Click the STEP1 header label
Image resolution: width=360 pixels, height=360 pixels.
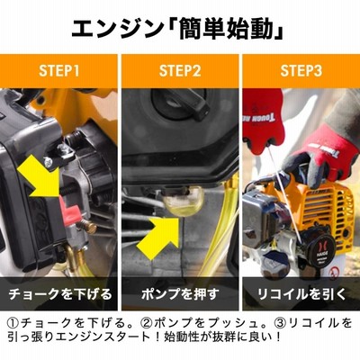click(x=59, y=71)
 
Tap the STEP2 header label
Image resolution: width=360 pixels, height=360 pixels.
click(x=180, y=71)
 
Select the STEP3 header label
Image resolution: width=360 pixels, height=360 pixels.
click(x=301, y=71)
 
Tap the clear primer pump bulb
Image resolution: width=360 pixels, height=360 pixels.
click(x=184, y=200)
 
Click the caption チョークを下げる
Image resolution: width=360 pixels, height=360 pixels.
click(x=60, y=294)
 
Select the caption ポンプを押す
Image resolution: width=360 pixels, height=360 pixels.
click(x=180, y=294)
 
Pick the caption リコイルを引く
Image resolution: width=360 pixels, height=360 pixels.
click(x=301, y=294)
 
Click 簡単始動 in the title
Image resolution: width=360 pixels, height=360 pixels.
click(x=226, y=29)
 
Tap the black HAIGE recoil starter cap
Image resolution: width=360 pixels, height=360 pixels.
click(x=318, y=251)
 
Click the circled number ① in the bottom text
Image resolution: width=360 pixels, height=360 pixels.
click(x=13, y=323)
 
